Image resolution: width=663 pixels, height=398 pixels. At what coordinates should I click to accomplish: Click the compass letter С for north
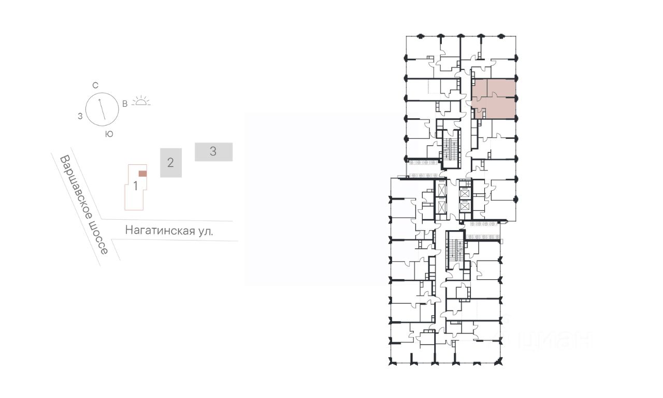95,86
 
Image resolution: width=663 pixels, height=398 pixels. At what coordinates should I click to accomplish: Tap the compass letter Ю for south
109,134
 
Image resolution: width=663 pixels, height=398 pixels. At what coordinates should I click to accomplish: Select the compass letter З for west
80,117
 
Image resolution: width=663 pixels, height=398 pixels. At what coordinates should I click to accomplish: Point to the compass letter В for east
125,104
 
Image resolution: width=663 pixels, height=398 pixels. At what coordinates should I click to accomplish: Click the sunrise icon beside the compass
141,101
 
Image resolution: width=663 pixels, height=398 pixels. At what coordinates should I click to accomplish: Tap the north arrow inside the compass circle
102,109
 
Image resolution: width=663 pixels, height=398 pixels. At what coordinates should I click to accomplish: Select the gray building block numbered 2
171,163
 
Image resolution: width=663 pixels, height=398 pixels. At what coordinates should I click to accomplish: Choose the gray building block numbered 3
213,152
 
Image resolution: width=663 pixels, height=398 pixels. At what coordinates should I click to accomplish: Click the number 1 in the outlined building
136,186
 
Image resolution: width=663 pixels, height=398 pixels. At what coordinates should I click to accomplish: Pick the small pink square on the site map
142,174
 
